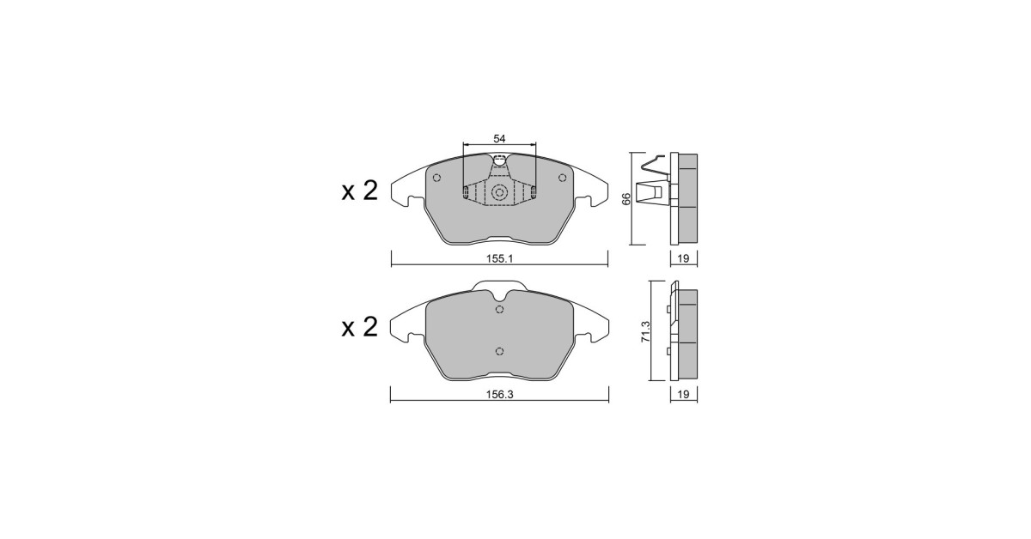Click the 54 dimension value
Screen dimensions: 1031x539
point(499,138)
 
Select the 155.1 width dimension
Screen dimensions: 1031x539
point(499,259)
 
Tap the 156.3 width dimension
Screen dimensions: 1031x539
point(499,395)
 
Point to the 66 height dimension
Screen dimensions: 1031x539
point(626,198)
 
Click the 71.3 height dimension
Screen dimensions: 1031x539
point(646,331)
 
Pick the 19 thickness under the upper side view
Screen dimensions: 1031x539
point(684,259)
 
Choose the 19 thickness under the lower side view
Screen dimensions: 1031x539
point(684,395)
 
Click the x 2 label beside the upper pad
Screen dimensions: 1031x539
point(359,191)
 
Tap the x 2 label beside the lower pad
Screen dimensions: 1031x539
point(359,327)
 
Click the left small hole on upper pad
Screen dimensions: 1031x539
point(437,178)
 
